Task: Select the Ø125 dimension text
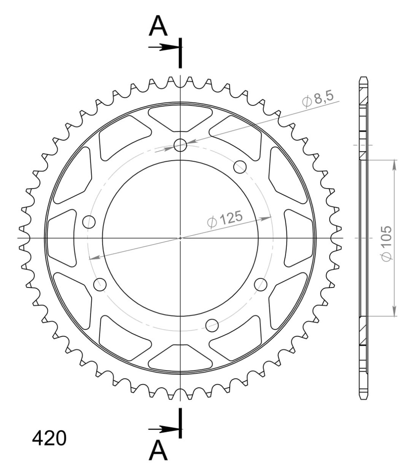225,219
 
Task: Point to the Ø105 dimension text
386,244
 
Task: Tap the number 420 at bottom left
49,438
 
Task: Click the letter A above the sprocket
158,26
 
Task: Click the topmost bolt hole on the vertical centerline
180,145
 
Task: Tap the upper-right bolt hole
240,167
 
